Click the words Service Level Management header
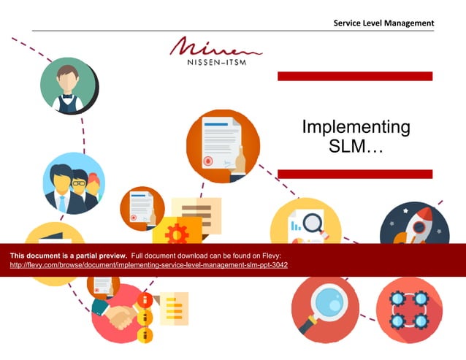(383, 23)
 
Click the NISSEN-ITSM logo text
(215, 61)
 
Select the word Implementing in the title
(356, 127)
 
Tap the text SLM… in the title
(356, 146)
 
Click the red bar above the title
(355, 76)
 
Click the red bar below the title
(355, 174)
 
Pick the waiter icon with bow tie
(68, 85)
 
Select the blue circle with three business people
(73, 183)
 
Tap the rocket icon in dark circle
(414, 222)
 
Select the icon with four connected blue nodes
(408, 310)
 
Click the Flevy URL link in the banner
(148, 265)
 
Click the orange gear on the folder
(176, 233)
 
